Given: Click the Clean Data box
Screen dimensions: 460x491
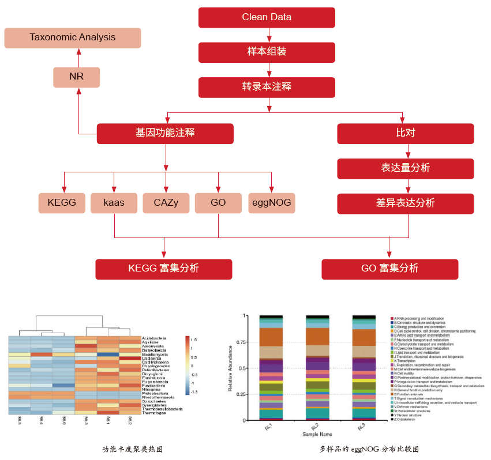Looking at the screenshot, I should click(x=267, y=17).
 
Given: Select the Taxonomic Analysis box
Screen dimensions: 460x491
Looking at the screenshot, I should click(x=72, y=37).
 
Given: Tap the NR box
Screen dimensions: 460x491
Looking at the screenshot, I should click(x=76, y=77).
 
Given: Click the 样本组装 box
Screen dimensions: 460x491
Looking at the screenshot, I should click(x=267, y=52).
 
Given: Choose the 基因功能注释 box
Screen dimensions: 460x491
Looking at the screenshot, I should click(x=165, y=133).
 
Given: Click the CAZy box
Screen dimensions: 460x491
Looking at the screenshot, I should click(x=166, y=203).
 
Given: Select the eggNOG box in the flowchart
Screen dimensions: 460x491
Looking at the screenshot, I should click(x=272, y=203).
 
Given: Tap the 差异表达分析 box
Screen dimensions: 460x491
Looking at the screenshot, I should click(x=405, y=203).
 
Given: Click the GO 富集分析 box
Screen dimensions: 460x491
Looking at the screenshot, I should click(x=389, y=269).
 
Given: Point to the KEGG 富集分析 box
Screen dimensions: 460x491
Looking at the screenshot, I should click(x=163, y=269).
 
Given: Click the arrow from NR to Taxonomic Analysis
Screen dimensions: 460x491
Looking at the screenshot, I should click(x=79, y=58).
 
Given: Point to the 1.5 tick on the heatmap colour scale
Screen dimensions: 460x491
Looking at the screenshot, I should click(x=194, y=340).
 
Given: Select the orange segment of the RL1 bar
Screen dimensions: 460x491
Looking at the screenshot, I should click(x=271, y=337).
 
